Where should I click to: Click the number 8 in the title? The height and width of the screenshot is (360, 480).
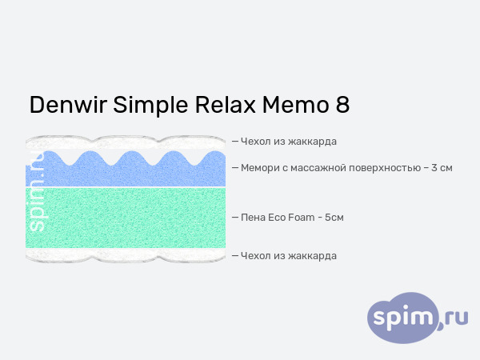(341, 106)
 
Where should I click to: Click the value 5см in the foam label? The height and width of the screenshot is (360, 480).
(335, 217)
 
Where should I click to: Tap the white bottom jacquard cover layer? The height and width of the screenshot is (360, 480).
(128, 254)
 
